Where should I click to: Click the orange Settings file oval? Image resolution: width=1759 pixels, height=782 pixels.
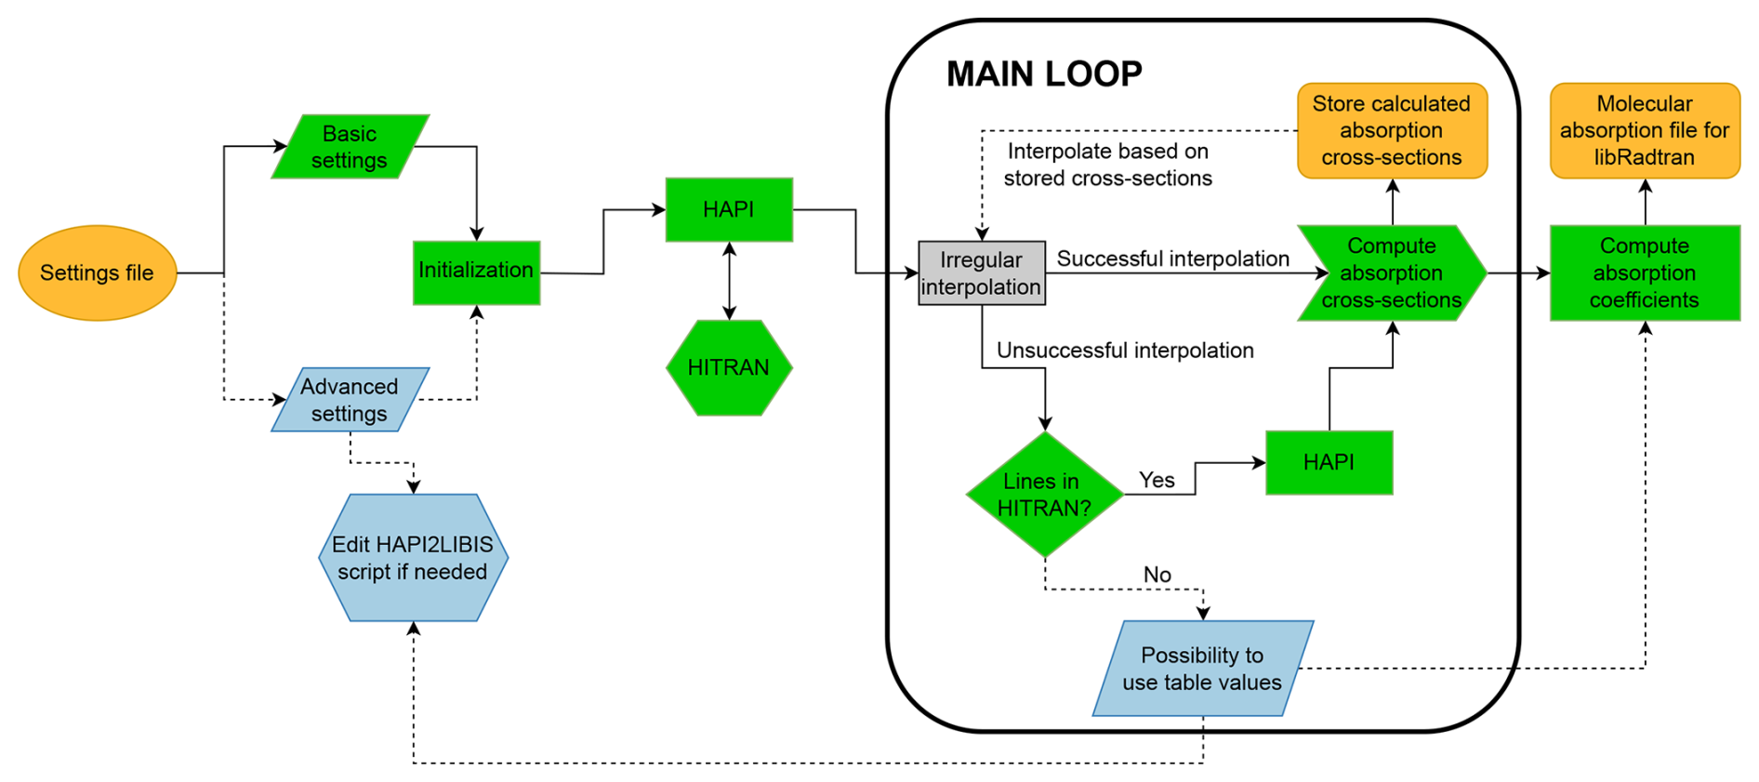point(98,272)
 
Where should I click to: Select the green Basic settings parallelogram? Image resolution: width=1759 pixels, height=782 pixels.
point(350,147)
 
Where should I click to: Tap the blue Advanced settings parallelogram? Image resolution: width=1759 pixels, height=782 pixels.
point(350,400)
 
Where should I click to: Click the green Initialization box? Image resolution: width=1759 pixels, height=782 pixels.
point(476,271)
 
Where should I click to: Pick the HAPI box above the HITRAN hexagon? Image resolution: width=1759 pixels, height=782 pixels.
point(729,210)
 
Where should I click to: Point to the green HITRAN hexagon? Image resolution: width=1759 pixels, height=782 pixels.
point(729,368)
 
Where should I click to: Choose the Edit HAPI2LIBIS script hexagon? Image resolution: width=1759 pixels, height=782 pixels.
point(413,558)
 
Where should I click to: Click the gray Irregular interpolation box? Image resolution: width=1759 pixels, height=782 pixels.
point(981,273)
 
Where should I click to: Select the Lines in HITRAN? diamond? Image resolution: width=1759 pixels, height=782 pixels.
point(1044,495)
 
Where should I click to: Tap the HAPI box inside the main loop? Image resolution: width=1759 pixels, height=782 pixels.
point(1329,462)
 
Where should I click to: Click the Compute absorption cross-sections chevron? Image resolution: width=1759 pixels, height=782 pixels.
point(1391,273)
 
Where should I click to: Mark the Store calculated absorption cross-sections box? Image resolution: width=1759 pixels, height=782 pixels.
point(1392,131)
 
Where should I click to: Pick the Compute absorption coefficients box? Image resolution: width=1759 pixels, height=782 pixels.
point(1644,273)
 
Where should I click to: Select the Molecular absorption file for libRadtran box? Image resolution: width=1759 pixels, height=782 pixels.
point(1644,131)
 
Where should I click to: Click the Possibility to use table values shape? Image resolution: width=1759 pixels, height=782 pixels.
point(1202,669)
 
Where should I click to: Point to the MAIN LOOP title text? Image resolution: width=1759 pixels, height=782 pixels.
point(1044,74)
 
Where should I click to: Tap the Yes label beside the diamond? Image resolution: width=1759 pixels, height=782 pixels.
point(1157,480)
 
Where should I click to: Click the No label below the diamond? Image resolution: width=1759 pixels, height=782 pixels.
point(1157,575)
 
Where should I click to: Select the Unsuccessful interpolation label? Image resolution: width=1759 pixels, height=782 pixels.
point(1125,351)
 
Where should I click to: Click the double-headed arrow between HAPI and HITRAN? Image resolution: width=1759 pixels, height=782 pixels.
point(729,281)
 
